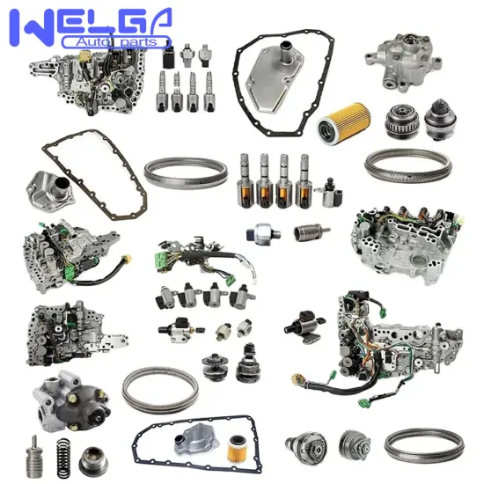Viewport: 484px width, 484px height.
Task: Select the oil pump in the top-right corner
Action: tap(395, 58)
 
